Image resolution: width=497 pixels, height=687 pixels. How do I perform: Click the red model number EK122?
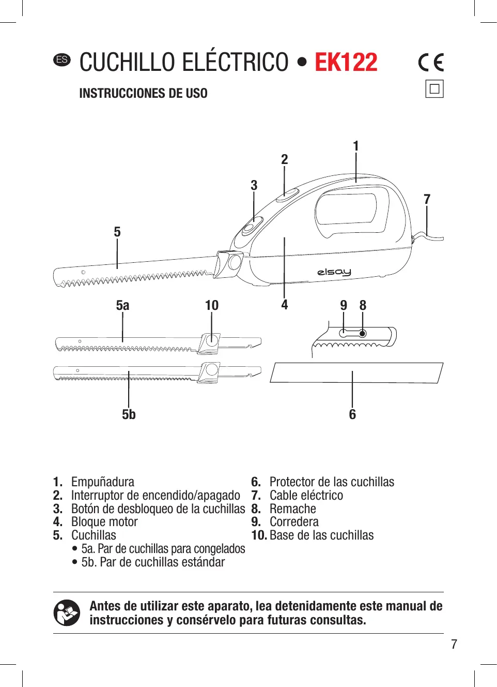pos(346,63)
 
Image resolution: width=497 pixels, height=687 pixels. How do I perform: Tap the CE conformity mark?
pos(431,63)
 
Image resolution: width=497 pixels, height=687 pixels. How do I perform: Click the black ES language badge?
pos(62,59)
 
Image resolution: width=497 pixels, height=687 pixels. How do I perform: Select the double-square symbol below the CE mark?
pos(434,89)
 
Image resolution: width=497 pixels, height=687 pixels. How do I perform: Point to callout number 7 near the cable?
pos(427,199)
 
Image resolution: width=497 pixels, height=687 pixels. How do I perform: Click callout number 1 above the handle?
pos(355,146)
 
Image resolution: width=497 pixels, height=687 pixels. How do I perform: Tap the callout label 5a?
pos(122,305)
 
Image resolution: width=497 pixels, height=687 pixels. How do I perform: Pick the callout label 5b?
pos(129,414)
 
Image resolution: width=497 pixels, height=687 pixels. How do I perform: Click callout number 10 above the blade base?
pos(212,305)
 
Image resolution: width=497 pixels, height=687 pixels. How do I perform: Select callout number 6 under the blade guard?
pos(352,414)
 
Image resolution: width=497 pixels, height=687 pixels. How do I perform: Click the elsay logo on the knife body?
pos(334,272)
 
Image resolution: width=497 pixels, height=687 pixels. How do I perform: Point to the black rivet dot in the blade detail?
pos(363,334)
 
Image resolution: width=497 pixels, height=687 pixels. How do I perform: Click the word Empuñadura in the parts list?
pos(102,482)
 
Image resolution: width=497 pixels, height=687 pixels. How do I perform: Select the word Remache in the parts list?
pos(292,509)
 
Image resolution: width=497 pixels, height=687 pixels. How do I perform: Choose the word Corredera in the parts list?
pos(294,522)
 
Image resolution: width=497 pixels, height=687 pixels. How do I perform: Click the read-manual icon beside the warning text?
pos(67,613)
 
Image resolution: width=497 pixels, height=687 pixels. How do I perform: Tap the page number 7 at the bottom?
pos(454,644)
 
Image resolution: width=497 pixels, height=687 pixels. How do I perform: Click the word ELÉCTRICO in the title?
pos(236,63)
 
